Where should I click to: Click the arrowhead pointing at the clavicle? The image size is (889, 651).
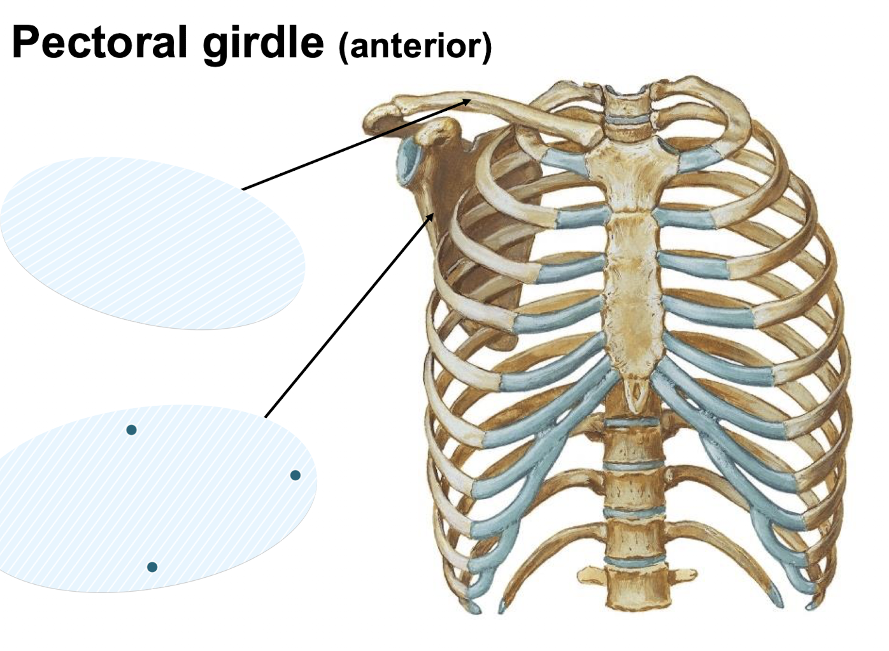coord(468,100)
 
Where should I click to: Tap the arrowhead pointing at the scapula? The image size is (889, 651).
coord(432,216)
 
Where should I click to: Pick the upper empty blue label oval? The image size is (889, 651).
coord(153,243)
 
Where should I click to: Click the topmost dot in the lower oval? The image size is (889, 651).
coord(131,430)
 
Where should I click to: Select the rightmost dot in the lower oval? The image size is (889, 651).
coord(295,475)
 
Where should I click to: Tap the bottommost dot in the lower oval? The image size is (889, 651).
coord(152,567)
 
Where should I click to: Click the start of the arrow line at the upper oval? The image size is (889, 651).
coord(243,189)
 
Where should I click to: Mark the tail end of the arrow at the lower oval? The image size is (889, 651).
coord(265,417)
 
